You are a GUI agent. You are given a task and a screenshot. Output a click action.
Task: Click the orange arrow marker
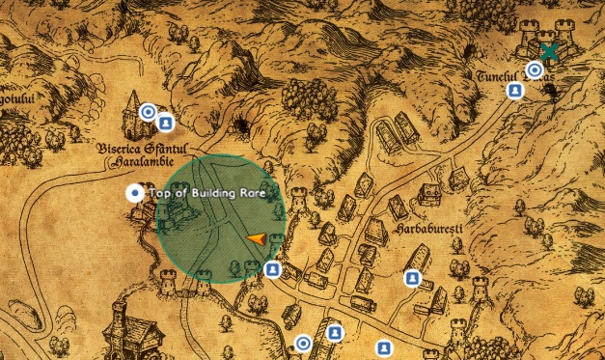coord(256,238)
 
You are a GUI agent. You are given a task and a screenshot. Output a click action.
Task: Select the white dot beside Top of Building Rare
coord(134,193)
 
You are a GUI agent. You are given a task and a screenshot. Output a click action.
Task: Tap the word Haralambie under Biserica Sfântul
coord(136,163)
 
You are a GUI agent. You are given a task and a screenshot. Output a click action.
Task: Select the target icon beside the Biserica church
coord(149,112)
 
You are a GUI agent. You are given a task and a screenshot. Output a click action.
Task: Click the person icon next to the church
coord(166,123)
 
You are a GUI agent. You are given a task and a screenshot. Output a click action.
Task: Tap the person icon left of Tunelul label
coord(516,91)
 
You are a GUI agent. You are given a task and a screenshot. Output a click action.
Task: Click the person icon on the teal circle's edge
coord(273,269)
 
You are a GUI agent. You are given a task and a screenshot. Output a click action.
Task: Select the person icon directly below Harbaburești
coord(412,280)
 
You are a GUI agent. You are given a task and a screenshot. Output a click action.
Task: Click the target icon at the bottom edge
coord(303,343)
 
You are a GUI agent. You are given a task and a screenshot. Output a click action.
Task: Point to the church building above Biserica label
coord(132,114)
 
